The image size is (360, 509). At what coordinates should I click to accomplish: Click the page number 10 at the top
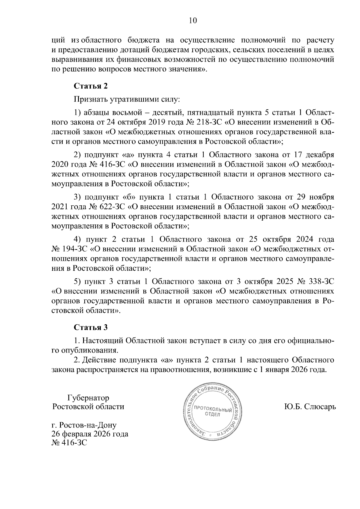pyautogui.click(x=193, y=20)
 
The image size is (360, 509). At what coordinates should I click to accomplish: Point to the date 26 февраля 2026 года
pyautogui.click(x=90, y=434)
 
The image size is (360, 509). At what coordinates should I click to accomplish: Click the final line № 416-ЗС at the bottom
pyautogui.click(x=69, y=443)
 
